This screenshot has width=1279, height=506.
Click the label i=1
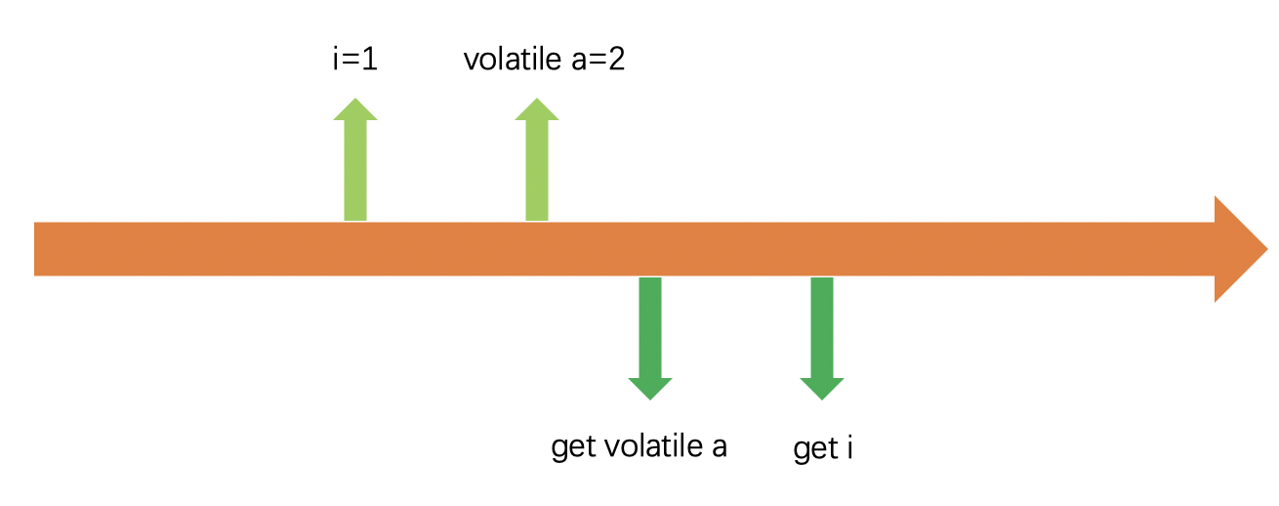[x=353, y=61]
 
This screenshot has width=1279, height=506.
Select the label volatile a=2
[x=543, y=61]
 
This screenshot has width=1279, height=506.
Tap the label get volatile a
[x=639, y=446]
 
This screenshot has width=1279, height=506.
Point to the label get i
[x=823, y=449]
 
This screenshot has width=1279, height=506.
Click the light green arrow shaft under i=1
[x=355, y=171]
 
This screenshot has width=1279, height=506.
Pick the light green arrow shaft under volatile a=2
[x=537, y=171]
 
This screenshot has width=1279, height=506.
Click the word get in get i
[x=812, y=450]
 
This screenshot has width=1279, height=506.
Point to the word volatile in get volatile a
[x=650, y=446]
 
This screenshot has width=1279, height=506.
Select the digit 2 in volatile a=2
[x=616, y=61]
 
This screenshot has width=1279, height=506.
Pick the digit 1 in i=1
[x=369, y=61]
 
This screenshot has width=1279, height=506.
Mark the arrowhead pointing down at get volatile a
[x=649, y=388]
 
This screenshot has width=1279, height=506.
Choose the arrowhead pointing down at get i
[x=822, y=388]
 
